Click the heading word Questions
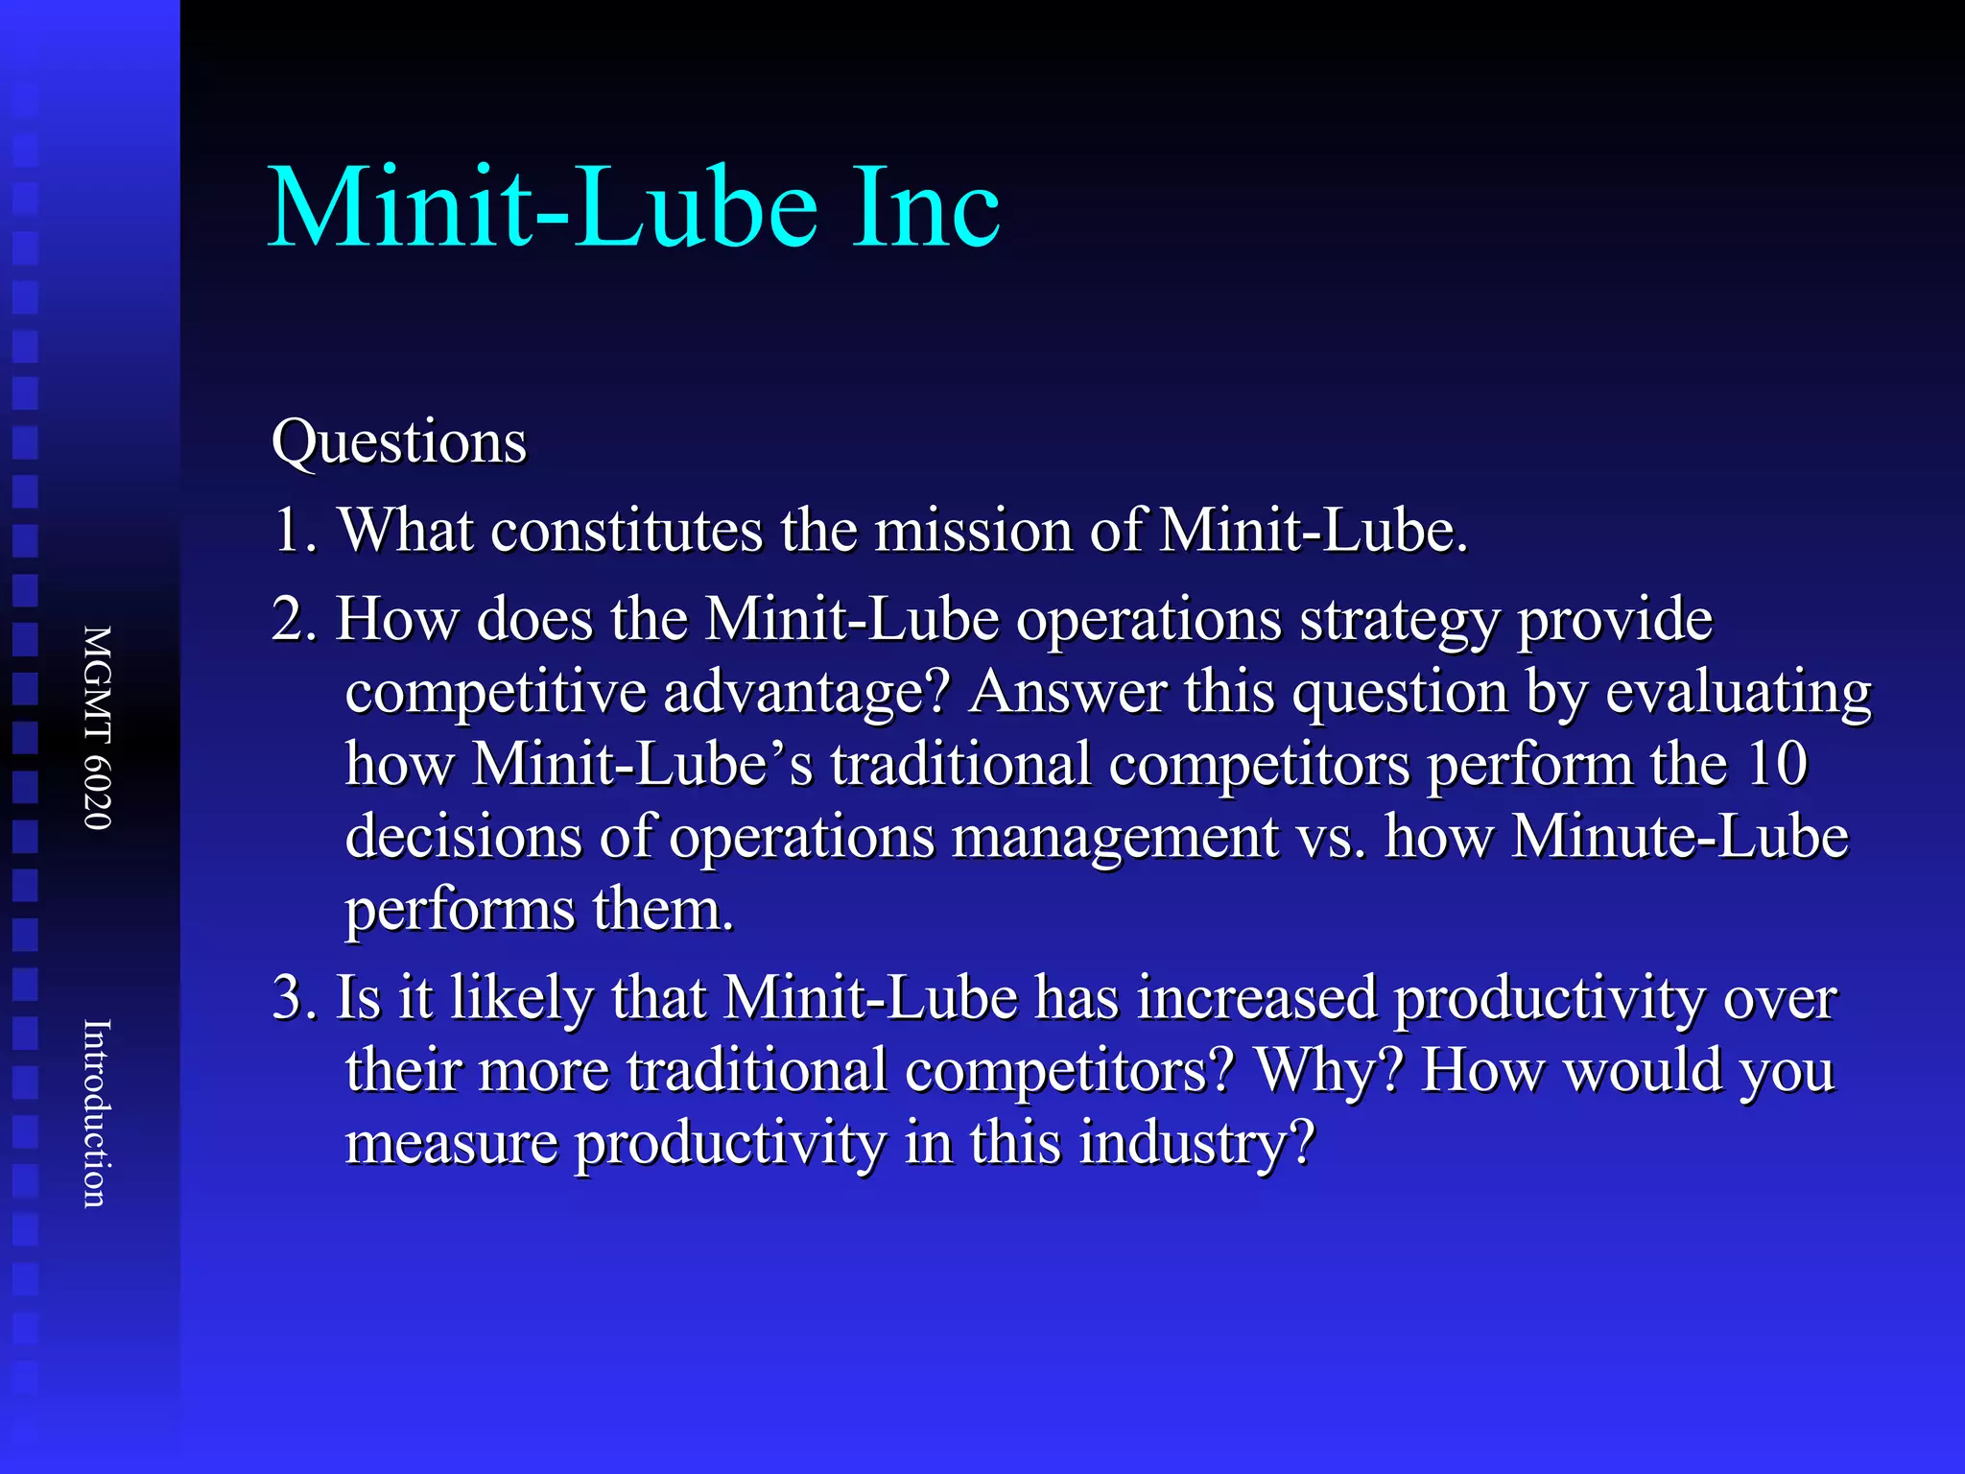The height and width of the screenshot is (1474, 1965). click(x=399, y=442)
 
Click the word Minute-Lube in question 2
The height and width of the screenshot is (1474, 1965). click(x=1680, y=837)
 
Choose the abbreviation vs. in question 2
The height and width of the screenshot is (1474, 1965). click(x=1332, y=837)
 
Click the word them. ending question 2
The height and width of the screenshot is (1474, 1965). click(x=663, y=909)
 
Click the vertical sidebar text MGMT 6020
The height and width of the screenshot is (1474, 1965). click(x=98, y=727)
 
